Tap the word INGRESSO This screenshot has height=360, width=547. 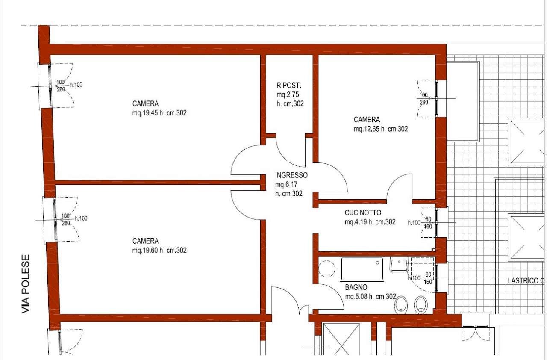291,175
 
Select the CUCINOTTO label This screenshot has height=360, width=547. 363,213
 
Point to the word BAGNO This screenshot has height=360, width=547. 356,288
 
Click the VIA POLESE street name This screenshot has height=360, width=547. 26,284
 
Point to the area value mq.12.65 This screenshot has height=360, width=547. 367,129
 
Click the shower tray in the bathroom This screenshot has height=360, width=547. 362,269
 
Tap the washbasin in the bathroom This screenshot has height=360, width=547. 399,264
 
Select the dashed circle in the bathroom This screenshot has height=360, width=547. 327,269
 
